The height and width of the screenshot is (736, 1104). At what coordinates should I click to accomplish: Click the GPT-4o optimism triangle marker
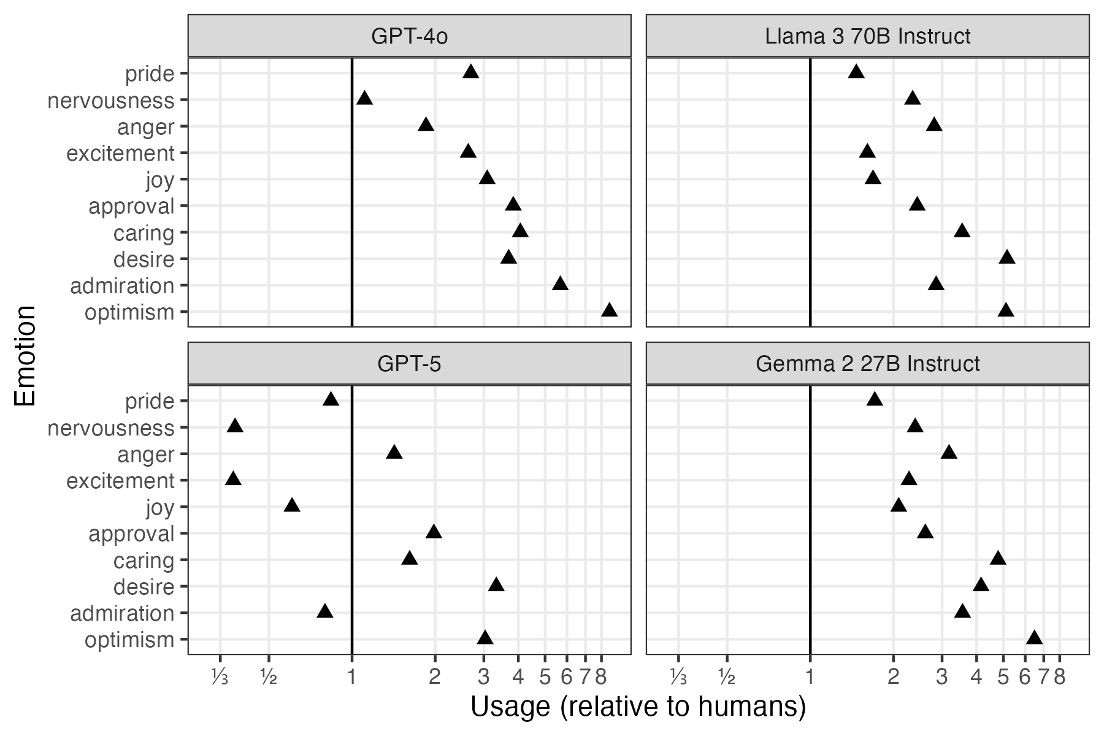pos(609,311)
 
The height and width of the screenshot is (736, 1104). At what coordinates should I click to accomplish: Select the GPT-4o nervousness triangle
pos(364,99)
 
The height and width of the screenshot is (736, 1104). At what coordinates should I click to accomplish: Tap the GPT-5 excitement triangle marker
pos(233,479)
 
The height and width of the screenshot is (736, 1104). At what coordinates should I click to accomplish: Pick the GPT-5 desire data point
pos(496,585)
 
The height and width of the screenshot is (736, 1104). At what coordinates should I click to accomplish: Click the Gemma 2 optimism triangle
pos(1034,638)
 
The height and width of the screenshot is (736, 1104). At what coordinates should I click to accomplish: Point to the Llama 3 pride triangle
pos(856,72)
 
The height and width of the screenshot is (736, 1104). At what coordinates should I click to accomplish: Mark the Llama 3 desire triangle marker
pos(1006,258)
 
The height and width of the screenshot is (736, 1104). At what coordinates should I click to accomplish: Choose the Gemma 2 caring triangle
pos(998,559)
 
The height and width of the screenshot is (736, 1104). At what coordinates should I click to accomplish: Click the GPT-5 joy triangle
pos(292,506)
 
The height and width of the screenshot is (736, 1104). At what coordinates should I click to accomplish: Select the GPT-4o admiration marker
pos(560,284)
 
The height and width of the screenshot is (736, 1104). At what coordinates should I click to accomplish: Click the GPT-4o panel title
pos(409,37)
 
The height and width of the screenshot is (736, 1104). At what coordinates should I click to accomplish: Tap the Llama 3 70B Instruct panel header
pos(867,37)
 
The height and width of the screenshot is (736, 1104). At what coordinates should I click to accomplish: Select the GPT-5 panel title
pos(409,364)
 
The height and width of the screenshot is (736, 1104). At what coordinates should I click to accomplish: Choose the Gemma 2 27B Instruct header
pos(867,364)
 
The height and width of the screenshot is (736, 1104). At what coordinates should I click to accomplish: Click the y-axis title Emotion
pos(25,356)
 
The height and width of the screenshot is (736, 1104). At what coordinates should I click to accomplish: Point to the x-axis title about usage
pos(638,707)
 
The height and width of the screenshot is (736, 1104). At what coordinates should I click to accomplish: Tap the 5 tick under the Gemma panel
pos(1003,677)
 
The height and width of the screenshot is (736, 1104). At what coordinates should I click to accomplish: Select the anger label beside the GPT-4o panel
pos(146,128)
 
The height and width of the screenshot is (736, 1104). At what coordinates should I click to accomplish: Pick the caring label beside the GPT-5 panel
pos(144,561)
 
